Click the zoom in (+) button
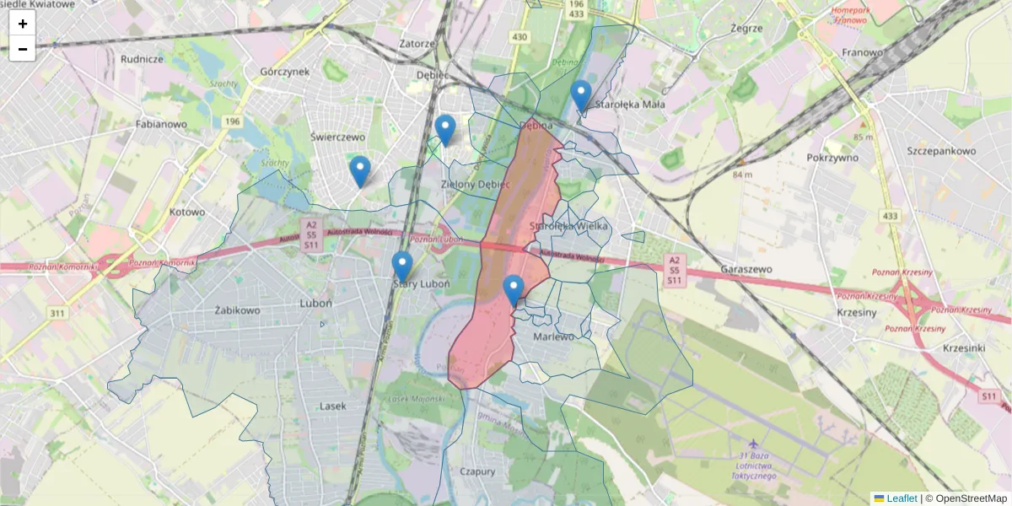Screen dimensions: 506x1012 (x=23, y=24)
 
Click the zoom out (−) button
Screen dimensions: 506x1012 (x=23, y=49)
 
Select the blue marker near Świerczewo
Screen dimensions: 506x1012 (x=360, y=171)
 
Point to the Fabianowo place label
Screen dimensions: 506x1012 (x=161, y=124)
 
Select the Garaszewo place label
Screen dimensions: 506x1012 (x=747, y=269)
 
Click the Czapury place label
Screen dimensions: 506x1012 (x=477, y=471)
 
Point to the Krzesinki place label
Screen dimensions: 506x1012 (x=965, y=347)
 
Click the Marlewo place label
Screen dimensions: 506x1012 (x=554, y=336)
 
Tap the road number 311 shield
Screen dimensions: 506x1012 (x=57, y=314)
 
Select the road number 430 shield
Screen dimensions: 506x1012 (x=519, y=36)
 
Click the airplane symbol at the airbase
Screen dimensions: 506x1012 (x=753, y=443)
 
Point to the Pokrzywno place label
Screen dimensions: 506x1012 (x=832, y=157)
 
